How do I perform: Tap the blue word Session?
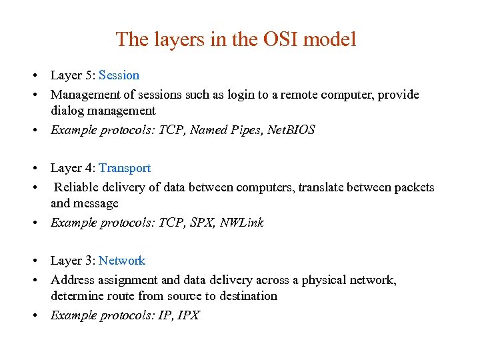119,75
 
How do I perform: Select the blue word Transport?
125,168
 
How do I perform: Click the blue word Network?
122,261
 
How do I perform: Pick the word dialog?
67,111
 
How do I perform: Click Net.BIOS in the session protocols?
291,130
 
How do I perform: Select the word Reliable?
77,187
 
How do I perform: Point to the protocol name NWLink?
241,223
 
